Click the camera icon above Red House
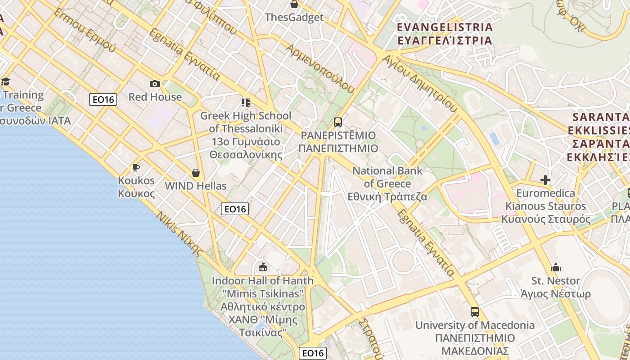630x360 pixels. (154, 84)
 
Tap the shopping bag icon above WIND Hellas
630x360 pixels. (196, 173)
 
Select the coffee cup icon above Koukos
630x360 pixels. (135, 168)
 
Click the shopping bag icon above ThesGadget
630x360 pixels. (294, 4)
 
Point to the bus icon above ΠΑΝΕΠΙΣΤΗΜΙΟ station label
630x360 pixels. (337, 122)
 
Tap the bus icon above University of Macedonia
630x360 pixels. (475, 311)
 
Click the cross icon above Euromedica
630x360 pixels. (545, 180)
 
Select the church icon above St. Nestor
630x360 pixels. (556, 268)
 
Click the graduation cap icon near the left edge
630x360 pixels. (5, 81)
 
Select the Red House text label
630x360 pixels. (155, 97)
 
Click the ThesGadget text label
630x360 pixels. (294, 18)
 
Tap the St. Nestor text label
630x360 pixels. (556, 281)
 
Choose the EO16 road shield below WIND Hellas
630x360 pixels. (235, 209)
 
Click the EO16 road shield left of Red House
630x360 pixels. (103, 99)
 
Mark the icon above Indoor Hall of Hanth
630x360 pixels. (263, 267)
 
